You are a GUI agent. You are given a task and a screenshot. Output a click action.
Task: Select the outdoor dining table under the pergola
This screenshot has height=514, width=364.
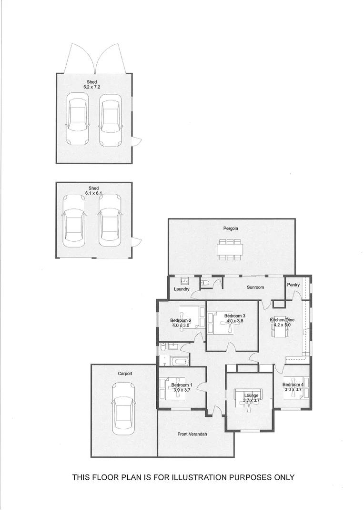(x=231, y=249)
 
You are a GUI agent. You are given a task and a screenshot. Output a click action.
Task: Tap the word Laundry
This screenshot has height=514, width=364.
(x=182, y=289)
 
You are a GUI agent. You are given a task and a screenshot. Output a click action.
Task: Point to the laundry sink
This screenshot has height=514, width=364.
(x=183, y=280)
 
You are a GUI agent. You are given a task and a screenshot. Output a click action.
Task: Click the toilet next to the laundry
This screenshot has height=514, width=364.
(x=205, y=283)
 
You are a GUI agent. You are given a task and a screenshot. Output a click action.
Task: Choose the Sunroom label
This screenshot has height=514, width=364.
(x=255, y=287)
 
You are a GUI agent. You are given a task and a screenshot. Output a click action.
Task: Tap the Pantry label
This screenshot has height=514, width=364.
(x=293, y=285)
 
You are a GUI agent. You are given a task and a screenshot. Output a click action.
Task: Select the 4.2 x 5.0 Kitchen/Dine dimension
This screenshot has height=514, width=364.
(x=282, y=326)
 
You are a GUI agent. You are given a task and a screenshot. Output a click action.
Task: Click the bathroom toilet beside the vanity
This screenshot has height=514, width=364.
(x=163, y=348)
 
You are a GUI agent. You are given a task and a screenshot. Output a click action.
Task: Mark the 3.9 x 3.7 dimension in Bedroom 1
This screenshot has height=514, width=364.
(x=181, y=390)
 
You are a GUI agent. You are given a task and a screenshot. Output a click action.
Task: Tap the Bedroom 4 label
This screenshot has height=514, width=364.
(x=293, y=385)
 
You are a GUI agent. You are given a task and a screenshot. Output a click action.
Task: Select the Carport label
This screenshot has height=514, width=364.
(x=125, y=374)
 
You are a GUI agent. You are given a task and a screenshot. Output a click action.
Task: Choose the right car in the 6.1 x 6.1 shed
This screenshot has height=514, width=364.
(x=110, y=220)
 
